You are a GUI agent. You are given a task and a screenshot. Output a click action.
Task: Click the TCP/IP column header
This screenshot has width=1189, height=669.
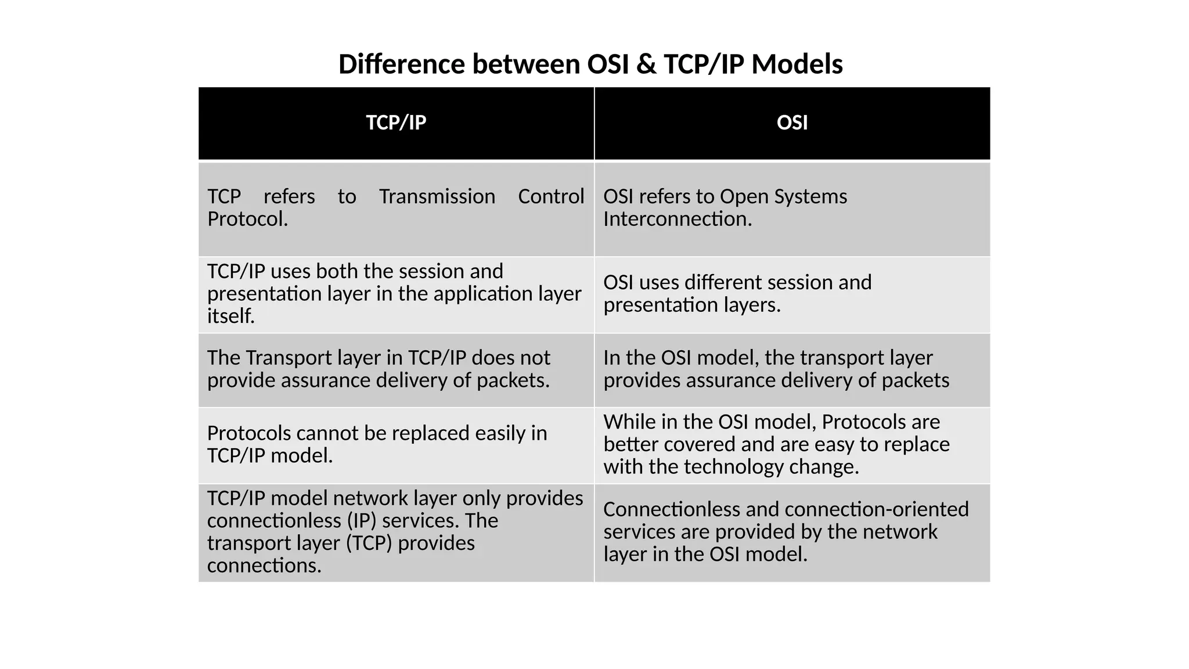[396, 123]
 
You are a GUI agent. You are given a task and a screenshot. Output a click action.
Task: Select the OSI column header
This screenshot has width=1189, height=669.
[792, 123]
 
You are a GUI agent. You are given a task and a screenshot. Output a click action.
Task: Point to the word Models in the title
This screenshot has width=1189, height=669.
[797, 64]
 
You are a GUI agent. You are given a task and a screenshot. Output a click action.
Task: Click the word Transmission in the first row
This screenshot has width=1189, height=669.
[437, 196]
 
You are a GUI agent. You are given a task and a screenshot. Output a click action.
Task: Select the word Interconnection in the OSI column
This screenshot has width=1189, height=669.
[678, 219]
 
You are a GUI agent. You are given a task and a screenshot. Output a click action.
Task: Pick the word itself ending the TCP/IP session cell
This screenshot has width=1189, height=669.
[231, 316]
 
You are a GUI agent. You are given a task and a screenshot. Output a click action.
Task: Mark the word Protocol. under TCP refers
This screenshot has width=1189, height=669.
[247, 219]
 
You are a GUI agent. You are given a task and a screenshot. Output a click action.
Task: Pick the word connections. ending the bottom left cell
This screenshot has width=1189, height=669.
[264, 565]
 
